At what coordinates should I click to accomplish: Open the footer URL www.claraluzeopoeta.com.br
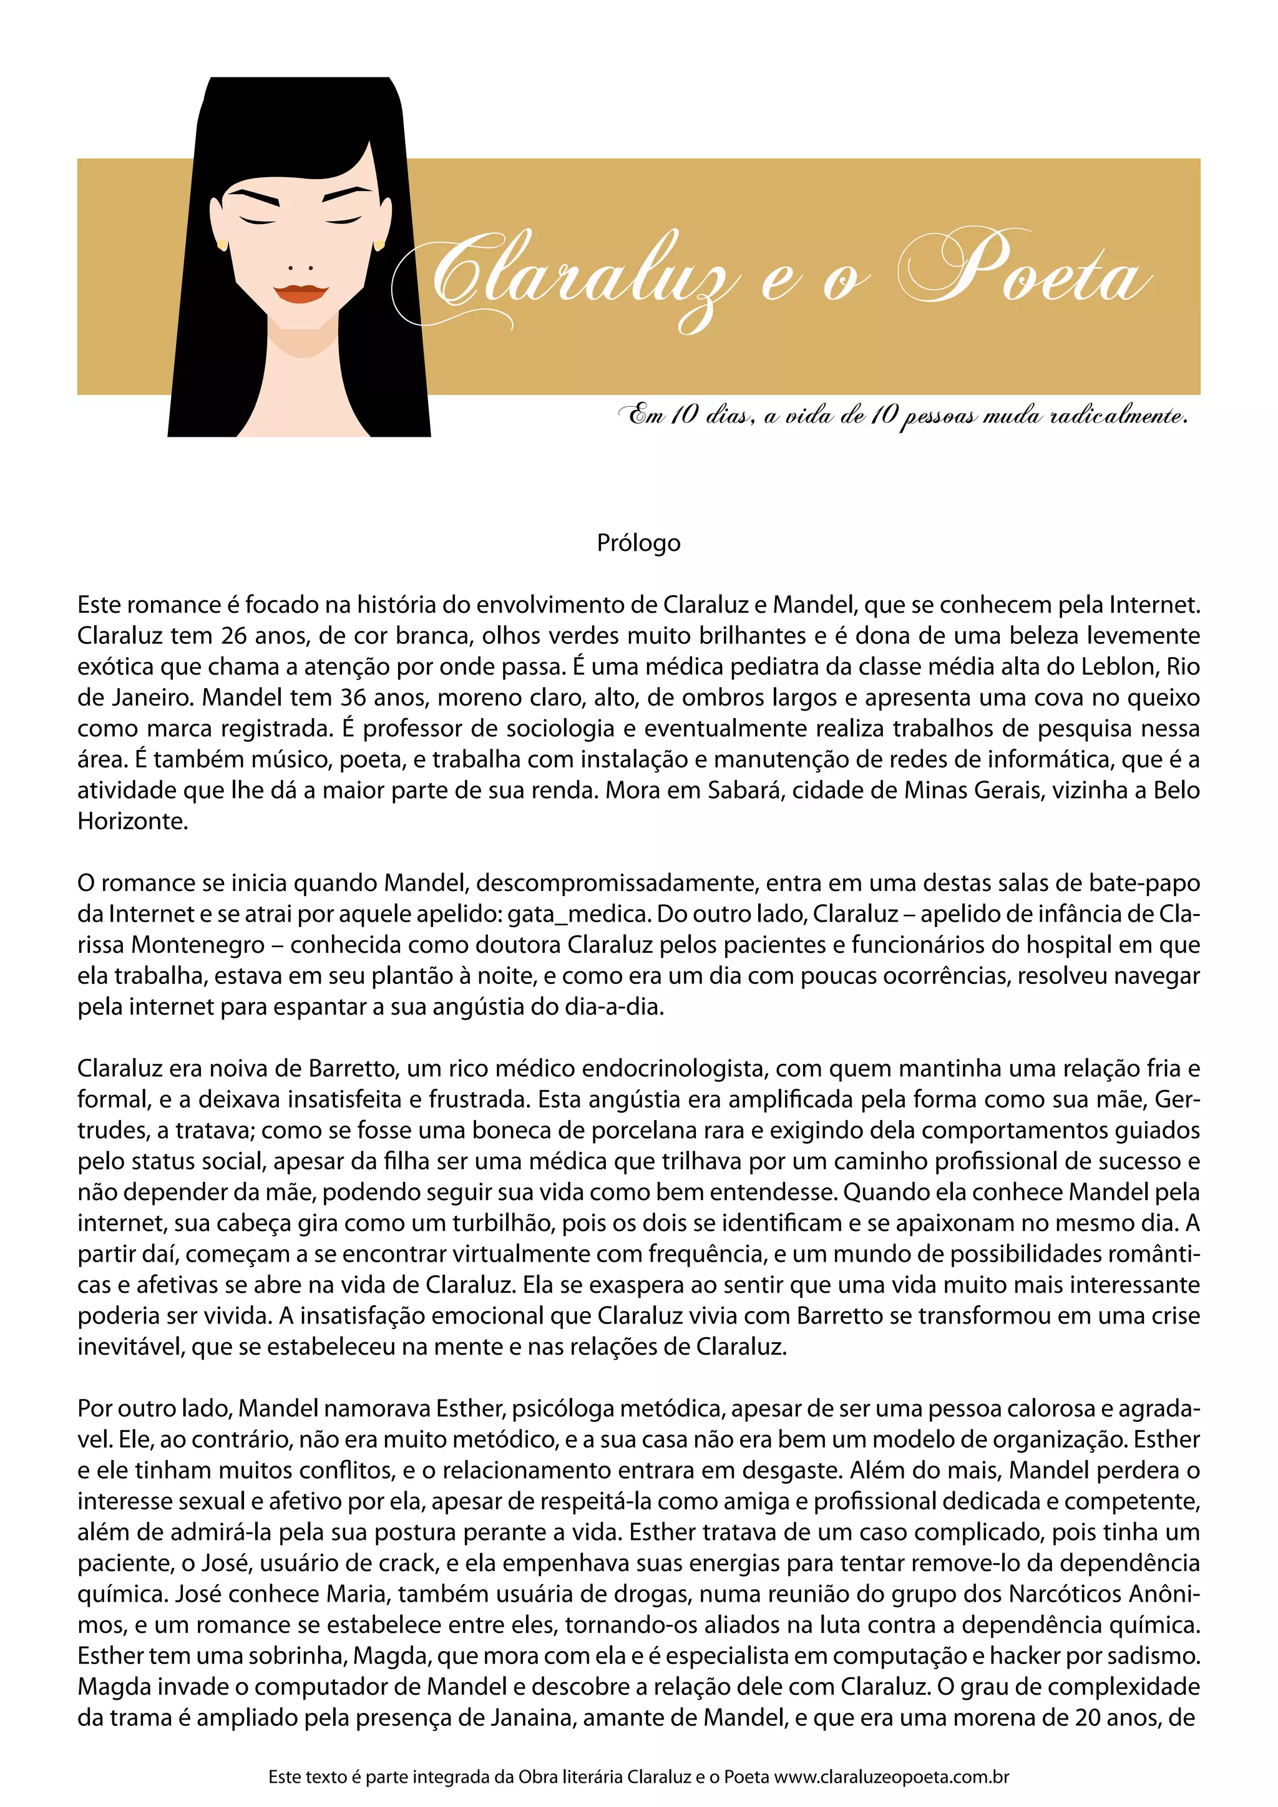(892, 1777)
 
